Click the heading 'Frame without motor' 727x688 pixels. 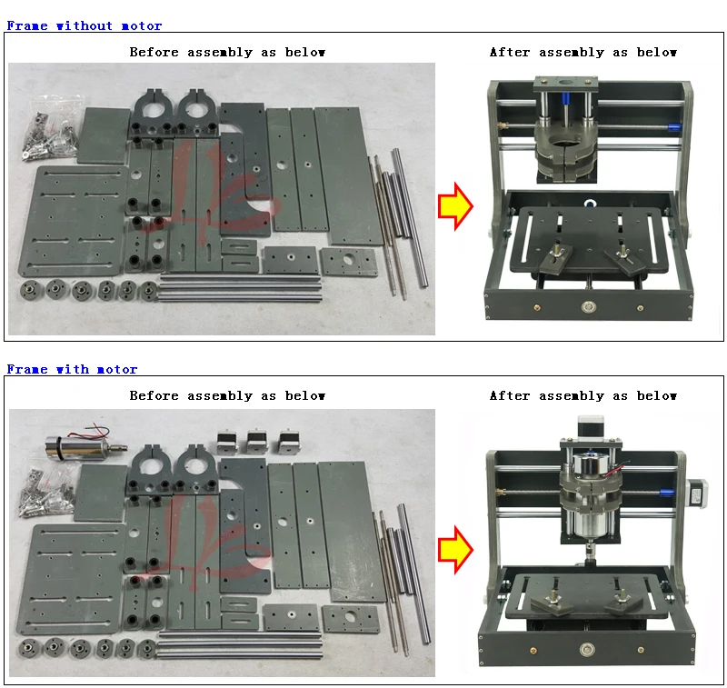point(84,25)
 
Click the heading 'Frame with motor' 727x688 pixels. point(72,369)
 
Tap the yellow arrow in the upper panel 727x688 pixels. point(455,206)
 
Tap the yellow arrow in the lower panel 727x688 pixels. point(455,550)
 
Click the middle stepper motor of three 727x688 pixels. point(257,442)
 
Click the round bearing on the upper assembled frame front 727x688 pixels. point(588,306)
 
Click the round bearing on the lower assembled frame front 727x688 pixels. point(587,649)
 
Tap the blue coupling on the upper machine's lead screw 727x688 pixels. point(674,127)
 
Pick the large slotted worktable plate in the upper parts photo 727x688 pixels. point(73,221)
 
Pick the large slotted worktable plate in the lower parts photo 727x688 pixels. point(71,580)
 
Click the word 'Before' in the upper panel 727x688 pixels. point(154,52)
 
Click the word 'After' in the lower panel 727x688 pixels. point(510,395)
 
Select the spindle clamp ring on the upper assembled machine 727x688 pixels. point(566,148)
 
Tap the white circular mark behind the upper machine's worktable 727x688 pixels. point(590,204)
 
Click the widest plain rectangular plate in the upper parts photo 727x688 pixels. point(349,176)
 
